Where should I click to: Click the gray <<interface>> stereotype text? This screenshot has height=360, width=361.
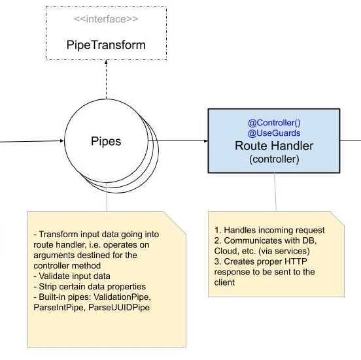pyautogui.click(x=106, y=19)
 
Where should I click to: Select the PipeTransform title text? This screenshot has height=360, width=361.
pyautogui.click(x=106, y=45)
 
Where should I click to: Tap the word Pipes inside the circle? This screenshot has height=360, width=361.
pyautogui.click(x=106, y=141)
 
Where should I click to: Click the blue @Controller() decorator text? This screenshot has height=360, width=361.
pyautogui.click(x=274, y=123)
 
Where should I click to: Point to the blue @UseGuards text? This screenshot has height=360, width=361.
pyautogui.click(x=274, y=133)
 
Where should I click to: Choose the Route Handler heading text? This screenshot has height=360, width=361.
pyautogui.click(x=274, y=146)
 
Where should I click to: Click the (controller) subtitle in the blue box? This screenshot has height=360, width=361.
pyautogui.click(x=274, y=159)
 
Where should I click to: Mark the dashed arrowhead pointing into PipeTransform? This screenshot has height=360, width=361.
pyautogui.click(x=106, y=61)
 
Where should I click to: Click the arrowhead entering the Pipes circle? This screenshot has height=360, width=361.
pyautogui.click(x=61, y=140)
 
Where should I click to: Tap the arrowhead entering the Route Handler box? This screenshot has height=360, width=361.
pyautogui.click(x=206, y=140)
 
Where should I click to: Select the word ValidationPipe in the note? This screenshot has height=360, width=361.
pyautogui.click(x=122, y=297)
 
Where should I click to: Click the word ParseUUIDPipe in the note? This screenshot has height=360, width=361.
pyautogui.click(x=119, y=307)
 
